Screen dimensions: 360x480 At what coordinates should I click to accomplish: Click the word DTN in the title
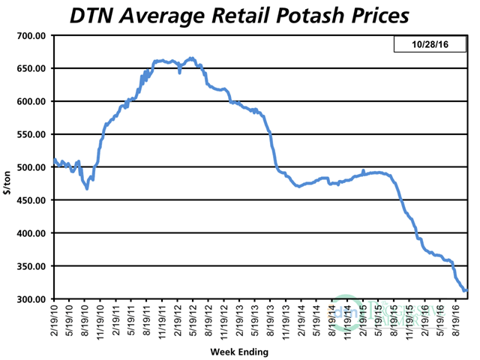pyautogui.click(x=90, y=15)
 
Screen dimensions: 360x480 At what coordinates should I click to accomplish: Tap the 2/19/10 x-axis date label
pyautogui.click(x=55, y=321)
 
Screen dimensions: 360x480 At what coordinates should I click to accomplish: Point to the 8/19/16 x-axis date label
pyautogui.click(x=456, y=321)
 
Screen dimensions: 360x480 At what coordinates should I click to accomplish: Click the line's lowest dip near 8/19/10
pyautogui.click(x=87, y=188)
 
